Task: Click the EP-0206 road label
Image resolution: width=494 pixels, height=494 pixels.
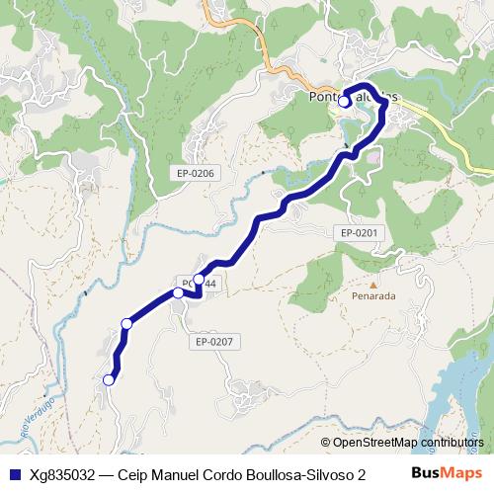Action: point(196,174)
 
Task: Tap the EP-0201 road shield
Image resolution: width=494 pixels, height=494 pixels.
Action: point(359,232)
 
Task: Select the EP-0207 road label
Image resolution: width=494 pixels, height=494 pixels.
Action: point(213,342)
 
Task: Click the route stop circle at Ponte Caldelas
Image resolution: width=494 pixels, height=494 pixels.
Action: point(344,101)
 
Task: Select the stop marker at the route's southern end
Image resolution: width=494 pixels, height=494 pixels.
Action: point(110,378)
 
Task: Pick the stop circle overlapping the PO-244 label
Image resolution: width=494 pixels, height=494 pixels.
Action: point(199,281)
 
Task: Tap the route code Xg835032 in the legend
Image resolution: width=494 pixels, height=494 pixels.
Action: point(62,474)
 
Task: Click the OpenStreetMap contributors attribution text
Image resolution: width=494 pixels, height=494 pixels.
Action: point(408,444)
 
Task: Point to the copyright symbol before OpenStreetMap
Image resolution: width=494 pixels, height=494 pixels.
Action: point(325,444)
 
